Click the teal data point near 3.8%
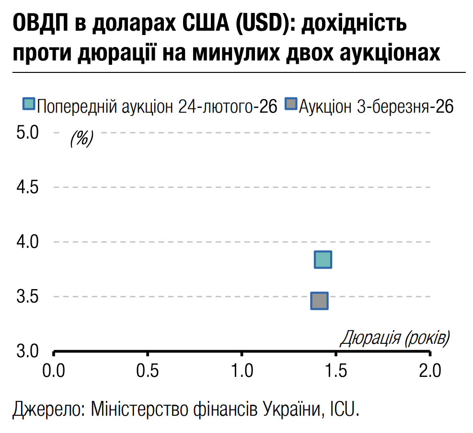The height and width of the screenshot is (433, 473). [323, 259]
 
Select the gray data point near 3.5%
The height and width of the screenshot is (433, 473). [319, 301]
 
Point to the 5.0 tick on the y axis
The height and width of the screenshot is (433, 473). [27, 132]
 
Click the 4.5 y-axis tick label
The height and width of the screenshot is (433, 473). [27, 187]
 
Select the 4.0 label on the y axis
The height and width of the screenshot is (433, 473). [27, 242]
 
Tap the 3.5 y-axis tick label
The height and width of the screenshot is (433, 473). [27, 296]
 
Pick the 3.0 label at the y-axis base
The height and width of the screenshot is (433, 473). [27, 351]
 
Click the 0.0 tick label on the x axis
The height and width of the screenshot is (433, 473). [54, 370]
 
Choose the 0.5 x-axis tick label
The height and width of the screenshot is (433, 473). [148, 370]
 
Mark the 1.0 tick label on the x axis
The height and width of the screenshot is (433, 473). [242, 370]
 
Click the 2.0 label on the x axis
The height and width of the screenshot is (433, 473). [430, 370]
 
